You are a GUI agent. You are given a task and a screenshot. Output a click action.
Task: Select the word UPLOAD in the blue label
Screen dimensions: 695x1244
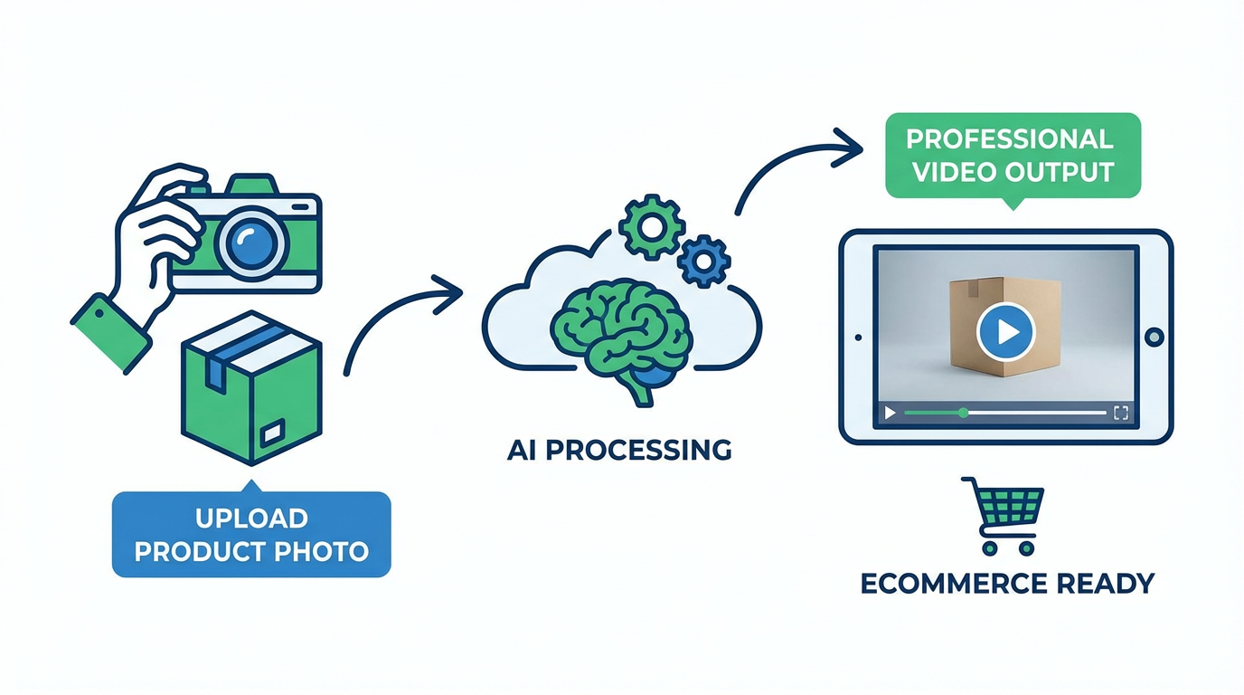click(x=251, y=519)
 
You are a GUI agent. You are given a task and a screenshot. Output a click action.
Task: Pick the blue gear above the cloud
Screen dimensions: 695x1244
click(x=703, y=261)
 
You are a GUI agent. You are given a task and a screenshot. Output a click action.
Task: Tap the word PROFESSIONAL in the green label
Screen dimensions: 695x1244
click(x=1009, y=139)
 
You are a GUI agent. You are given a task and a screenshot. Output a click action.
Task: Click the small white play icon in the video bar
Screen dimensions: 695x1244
click(x=891, y=413)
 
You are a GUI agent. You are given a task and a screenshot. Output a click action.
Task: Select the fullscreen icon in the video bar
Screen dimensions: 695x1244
click(x=1121, y=413)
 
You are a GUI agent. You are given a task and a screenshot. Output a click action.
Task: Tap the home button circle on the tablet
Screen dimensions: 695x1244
click(x=1154, y=338)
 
